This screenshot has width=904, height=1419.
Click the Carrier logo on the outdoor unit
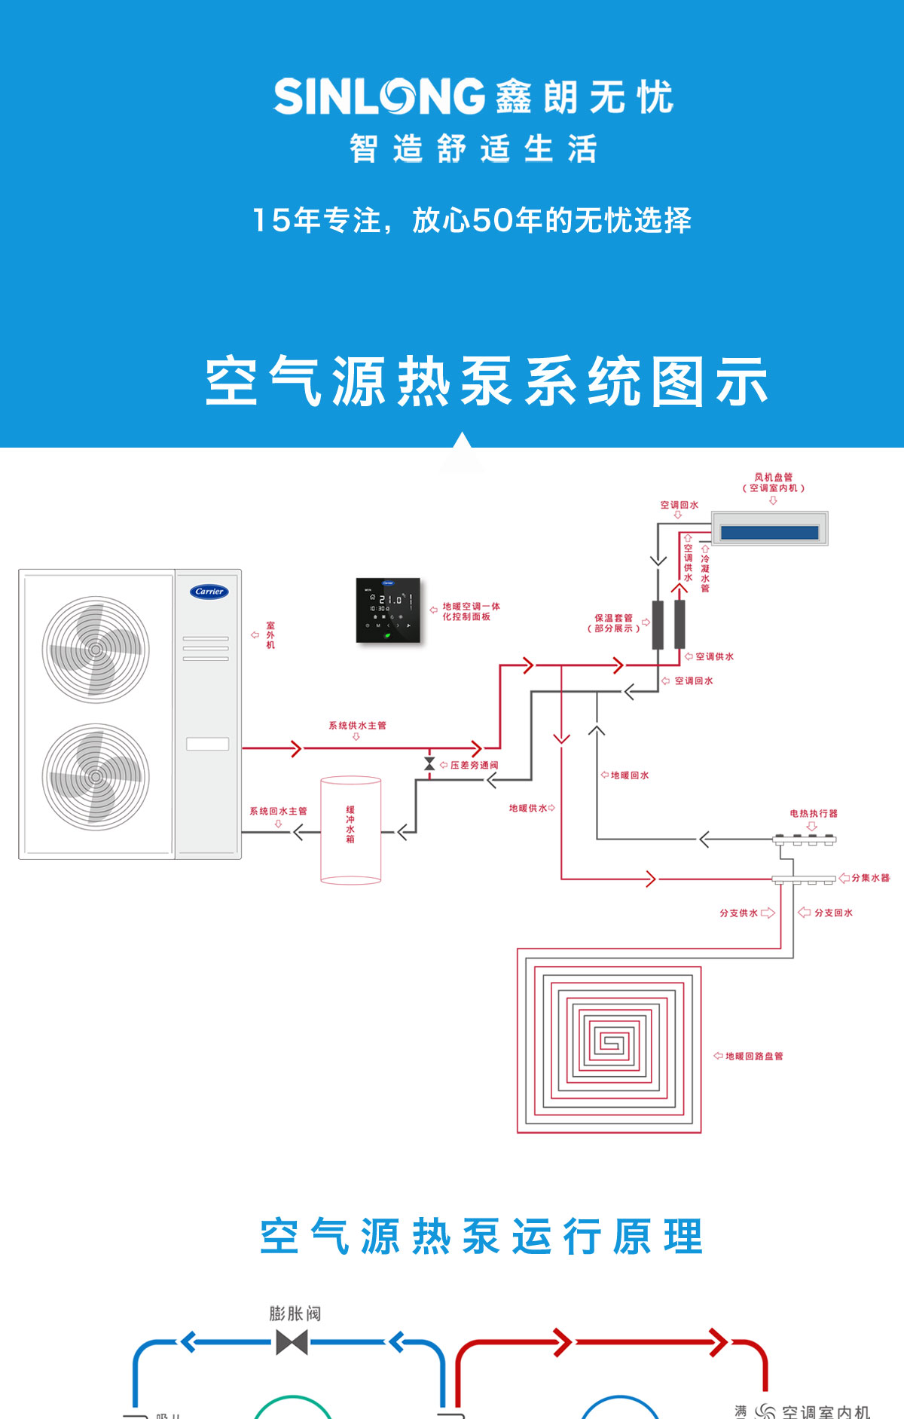(x=209, y=592)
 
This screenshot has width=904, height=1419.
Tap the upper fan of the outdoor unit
(x=96, y=650)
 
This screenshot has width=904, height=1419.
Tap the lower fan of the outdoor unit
(x=96, y=777)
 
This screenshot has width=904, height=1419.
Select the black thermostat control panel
(x=388, y=610)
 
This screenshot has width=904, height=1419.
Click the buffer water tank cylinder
(x=350, y=830)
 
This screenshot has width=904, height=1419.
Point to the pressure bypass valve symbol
(x=429, y=764)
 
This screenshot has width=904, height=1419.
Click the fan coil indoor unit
(x=769, y=528)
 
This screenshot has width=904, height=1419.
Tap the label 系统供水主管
(x=357, y=726)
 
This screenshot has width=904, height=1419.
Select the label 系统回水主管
(x=278, y=812)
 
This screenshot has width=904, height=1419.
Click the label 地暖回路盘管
(x=754, y=1057)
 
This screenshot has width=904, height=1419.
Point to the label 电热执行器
(x=814, y=814)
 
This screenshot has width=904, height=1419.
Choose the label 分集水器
(x=871, y=878)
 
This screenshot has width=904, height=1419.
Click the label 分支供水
(x=738, y=913)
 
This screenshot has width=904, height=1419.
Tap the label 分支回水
(x=833, y=913)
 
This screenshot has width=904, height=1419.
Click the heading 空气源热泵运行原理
(x=481, y=1237)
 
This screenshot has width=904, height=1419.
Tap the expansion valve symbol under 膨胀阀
(x=292, y=1342)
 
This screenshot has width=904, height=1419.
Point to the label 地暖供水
(x=528, y=809)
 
